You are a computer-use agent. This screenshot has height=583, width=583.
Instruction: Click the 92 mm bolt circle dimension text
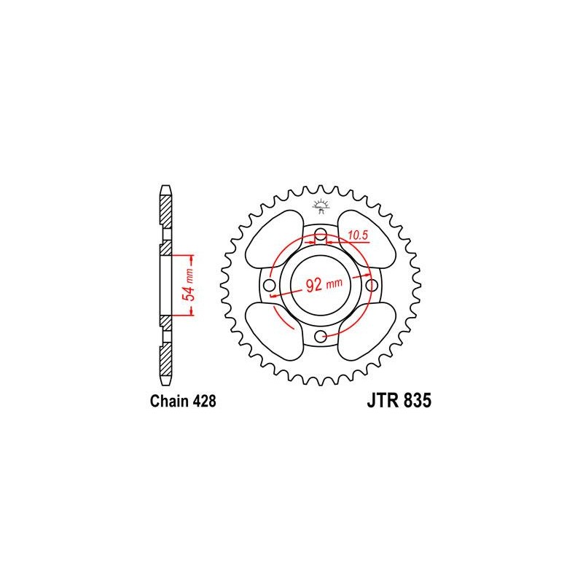tap(320, 285)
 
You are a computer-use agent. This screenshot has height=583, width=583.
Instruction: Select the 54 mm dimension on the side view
tap(188, 285)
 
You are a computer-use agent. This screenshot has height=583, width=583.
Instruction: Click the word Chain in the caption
tap(167, 402)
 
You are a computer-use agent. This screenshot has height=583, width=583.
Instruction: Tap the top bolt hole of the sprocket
tap(321, 234)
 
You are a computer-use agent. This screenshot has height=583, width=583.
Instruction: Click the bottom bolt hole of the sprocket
tap(321, 335)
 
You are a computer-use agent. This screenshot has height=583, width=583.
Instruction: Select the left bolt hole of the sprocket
tap(270, 284)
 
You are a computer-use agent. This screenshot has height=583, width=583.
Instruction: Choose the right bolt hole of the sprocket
tap(372, 284)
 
